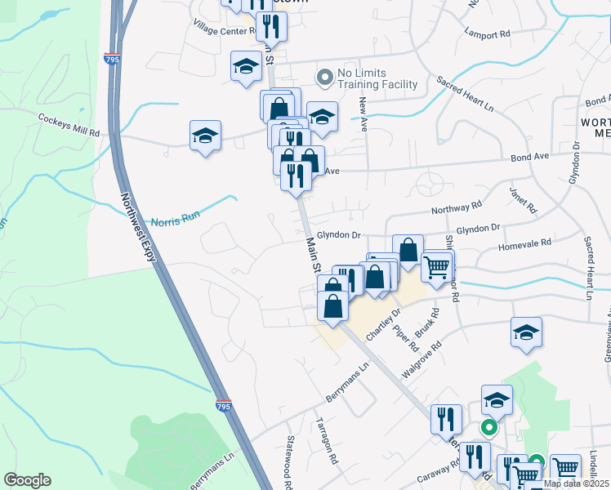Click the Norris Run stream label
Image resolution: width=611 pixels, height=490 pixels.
point(175,221)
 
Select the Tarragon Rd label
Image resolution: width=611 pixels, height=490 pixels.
point(328,442)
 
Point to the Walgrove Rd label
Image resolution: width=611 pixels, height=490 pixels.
point(421,359)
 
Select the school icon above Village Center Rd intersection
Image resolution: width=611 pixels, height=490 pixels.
point(245,67)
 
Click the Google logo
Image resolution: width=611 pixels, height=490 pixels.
point(27,480)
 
